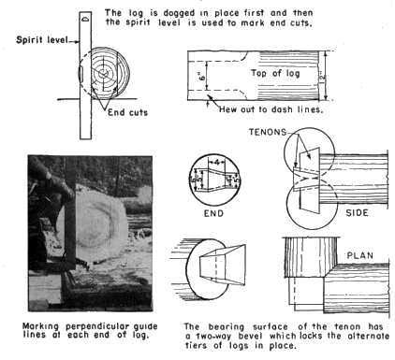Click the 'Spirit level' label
point(42,40)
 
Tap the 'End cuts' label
point(127,112)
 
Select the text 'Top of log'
point(275,73)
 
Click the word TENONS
point(268,132)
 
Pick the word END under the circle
point(213,213)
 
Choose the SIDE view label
point(357,213)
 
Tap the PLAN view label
point(360,255)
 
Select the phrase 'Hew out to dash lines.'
point(271,109)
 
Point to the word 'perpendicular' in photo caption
point(99,326)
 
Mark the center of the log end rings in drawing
point(103,74)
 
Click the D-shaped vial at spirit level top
point(85,19)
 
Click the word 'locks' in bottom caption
point(310,337)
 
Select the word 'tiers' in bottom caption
point(194,346)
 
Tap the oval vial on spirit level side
point(80,74)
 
